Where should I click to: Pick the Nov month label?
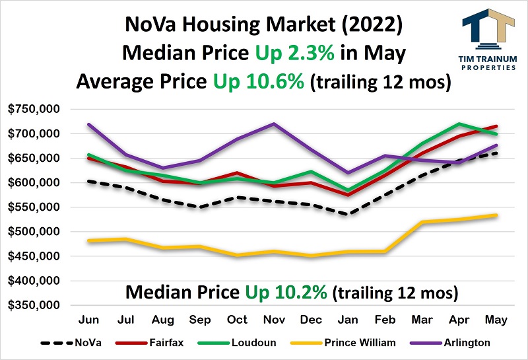[274, 319]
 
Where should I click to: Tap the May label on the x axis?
[496, 319]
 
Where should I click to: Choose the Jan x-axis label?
[348, 319]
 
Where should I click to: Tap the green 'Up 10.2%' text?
[288, 291]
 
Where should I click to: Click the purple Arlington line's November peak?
[274, 124]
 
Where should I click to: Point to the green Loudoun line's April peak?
[459, 124]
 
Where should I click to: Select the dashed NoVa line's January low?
[348, 214]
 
